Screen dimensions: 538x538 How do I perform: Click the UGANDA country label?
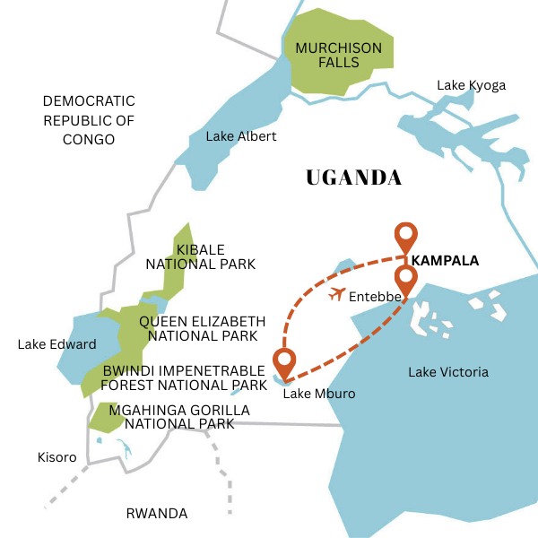click(x=353, y=178)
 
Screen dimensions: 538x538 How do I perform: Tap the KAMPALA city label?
click(x=443, y=261)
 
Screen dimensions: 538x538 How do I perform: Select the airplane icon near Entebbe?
click(x=338, y=293)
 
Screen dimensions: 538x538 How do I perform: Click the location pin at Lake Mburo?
click(x=285, y=363)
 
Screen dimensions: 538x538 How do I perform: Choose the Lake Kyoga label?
click(x=471, y=85)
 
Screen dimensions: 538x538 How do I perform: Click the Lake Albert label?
click(x=241, y=136)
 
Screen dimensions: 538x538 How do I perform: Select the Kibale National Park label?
click(x=201, y=256)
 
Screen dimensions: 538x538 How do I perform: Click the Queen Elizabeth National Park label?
click(x=202, y=328)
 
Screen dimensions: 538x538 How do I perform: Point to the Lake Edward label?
click(x=56, y=344)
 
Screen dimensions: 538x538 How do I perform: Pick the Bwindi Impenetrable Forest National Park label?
click(x=184, y=377)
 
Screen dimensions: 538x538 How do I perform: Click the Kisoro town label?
click(x=56, y=457)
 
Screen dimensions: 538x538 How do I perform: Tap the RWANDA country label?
click(x=157, y=514)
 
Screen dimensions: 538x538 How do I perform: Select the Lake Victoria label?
click(x=448, y=371)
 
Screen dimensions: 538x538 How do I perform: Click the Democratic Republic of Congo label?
click(x=89, y=120)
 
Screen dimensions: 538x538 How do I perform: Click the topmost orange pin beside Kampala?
click(x=406, y=237)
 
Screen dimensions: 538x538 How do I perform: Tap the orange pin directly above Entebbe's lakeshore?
click(x=406, y=280)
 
